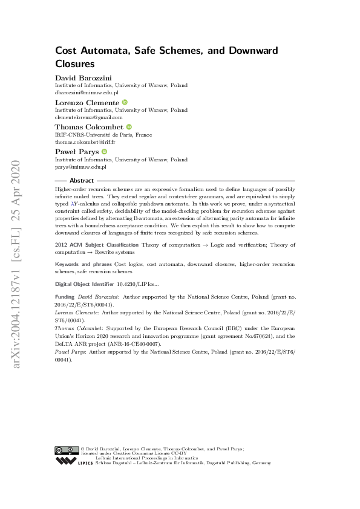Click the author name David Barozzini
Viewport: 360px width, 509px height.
pyautogui.click(x=82, y=79)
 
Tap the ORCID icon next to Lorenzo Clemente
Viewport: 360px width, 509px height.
pyautogui.click(x=125, y=103)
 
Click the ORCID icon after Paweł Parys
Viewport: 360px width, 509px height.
pyautogui.click(x=105, y=152)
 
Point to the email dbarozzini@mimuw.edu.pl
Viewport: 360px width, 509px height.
pyautogui.click(x=87, y=93)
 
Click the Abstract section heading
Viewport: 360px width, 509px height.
pyautogui.click(x=82, y=181)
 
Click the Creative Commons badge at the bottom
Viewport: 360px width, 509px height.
pyautogui.click(x=66, y=450)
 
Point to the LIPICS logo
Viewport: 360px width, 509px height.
pyautogui.click(x=74, y=461)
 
